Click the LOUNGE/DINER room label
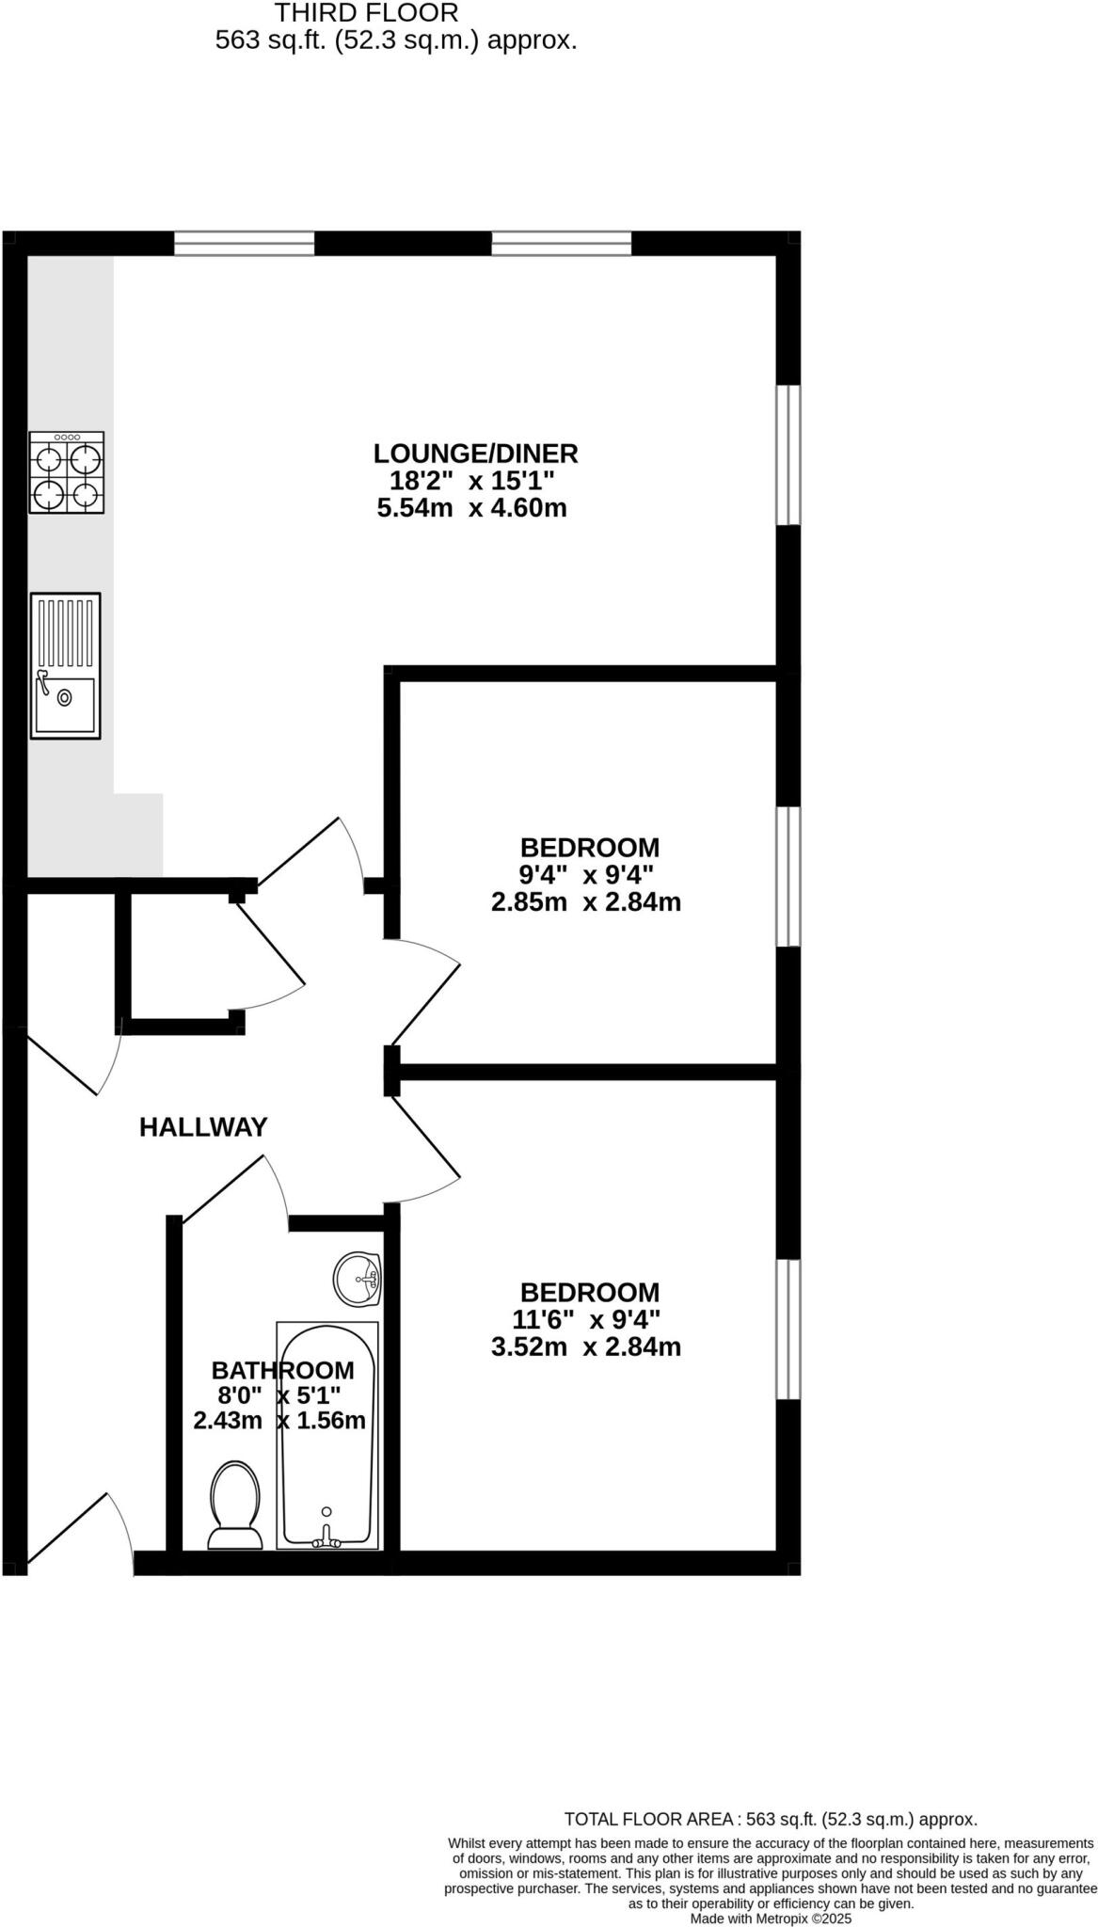[475, 454]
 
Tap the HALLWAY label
[203, 1126]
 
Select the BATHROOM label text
[282, 1370]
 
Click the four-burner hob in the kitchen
[66, 472]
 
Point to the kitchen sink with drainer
[65, 665]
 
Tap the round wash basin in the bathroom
[358, 1279]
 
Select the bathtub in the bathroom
[327, 1434]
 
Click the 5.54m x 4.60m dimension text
[472, 509]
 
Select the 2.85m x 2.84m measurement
[586, 902]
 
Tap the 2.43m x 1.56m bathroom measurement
[279, 1421]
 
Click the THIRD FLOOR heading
[366, 13]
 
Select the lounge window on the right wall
[788, 454]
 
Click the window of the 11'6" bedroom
[788, 1329]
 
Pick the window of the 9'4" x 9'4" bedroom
[788, 875]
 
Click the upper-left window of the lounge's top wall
[244, 244]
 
